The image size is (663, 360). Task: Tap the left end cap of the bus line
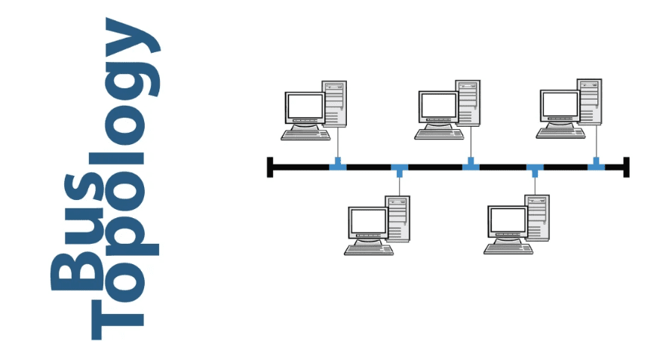pyautogui.click(x=270, y=167)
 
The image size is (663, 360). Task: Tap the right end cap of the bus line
pyautogui.click(x=626, y=167)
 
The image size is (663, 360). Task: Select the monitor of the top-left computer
pyautogui.click(x=304, y=107)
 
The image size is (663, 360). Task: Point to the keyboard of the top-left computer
pyautogui.click(x=305, y=134)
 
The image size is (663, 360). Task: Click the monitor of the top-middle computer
pyautogui.click(x=438, y=106)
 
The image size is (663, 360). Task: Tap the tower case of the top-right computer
pyautogui.click(x=591, y=102)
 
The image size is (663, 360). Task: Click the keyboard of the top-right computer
pyautogui.click(x=560, y=133)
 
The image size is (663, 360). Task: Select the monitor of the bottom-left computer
pyautogui.click(x=368, y=222)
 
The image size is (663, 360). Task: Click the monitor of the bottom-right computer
pyautogui.click(x=508, y=221)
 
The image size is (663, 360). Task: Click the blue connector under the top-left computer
pyautogui.click(x=338, y=165)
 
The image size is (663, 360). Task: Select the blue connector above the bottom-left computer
pyautogui.click(x=400, y=169)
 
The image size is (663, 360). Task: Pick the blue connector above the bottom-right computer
pyautogui.click(x=535, y=169)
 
